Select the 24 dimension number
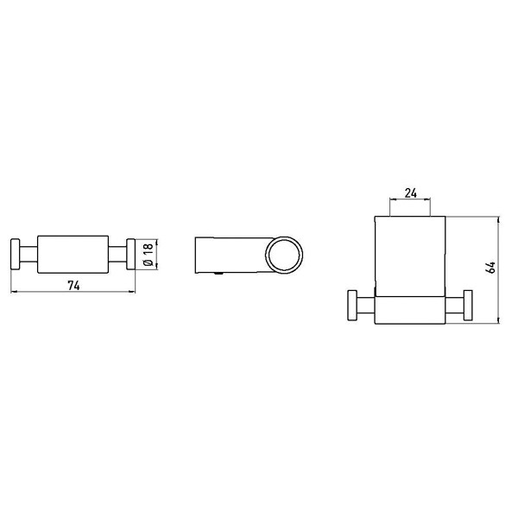coord(412,193)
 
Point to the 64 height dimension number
coord(491,267)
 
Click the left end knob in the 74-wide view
coord(15,252)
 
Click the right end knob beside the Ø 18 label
coord(132,252)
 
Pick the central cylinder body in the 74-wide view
coord(73,252)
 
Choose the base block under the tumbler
coord(412,309)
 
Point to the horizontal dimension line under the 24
coord(412,199)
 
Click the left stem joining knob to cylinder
coord(29,252)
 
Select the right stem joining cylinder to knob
coord(117,252)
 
